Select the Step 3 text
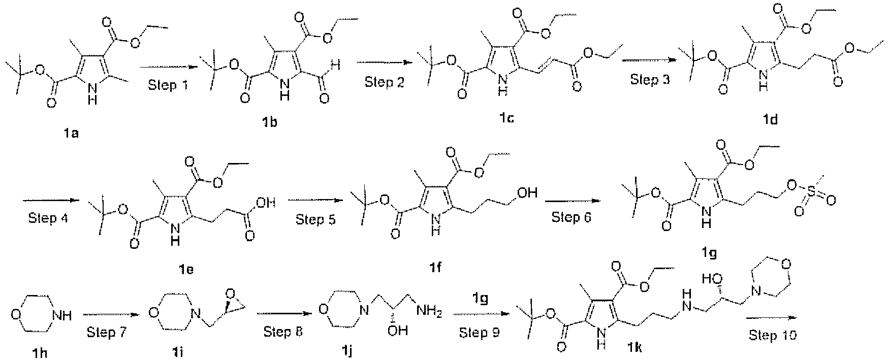pyautogui.click(x=648, y=80)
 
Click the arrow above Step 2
pyautogui.click(x=384, y=62)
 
